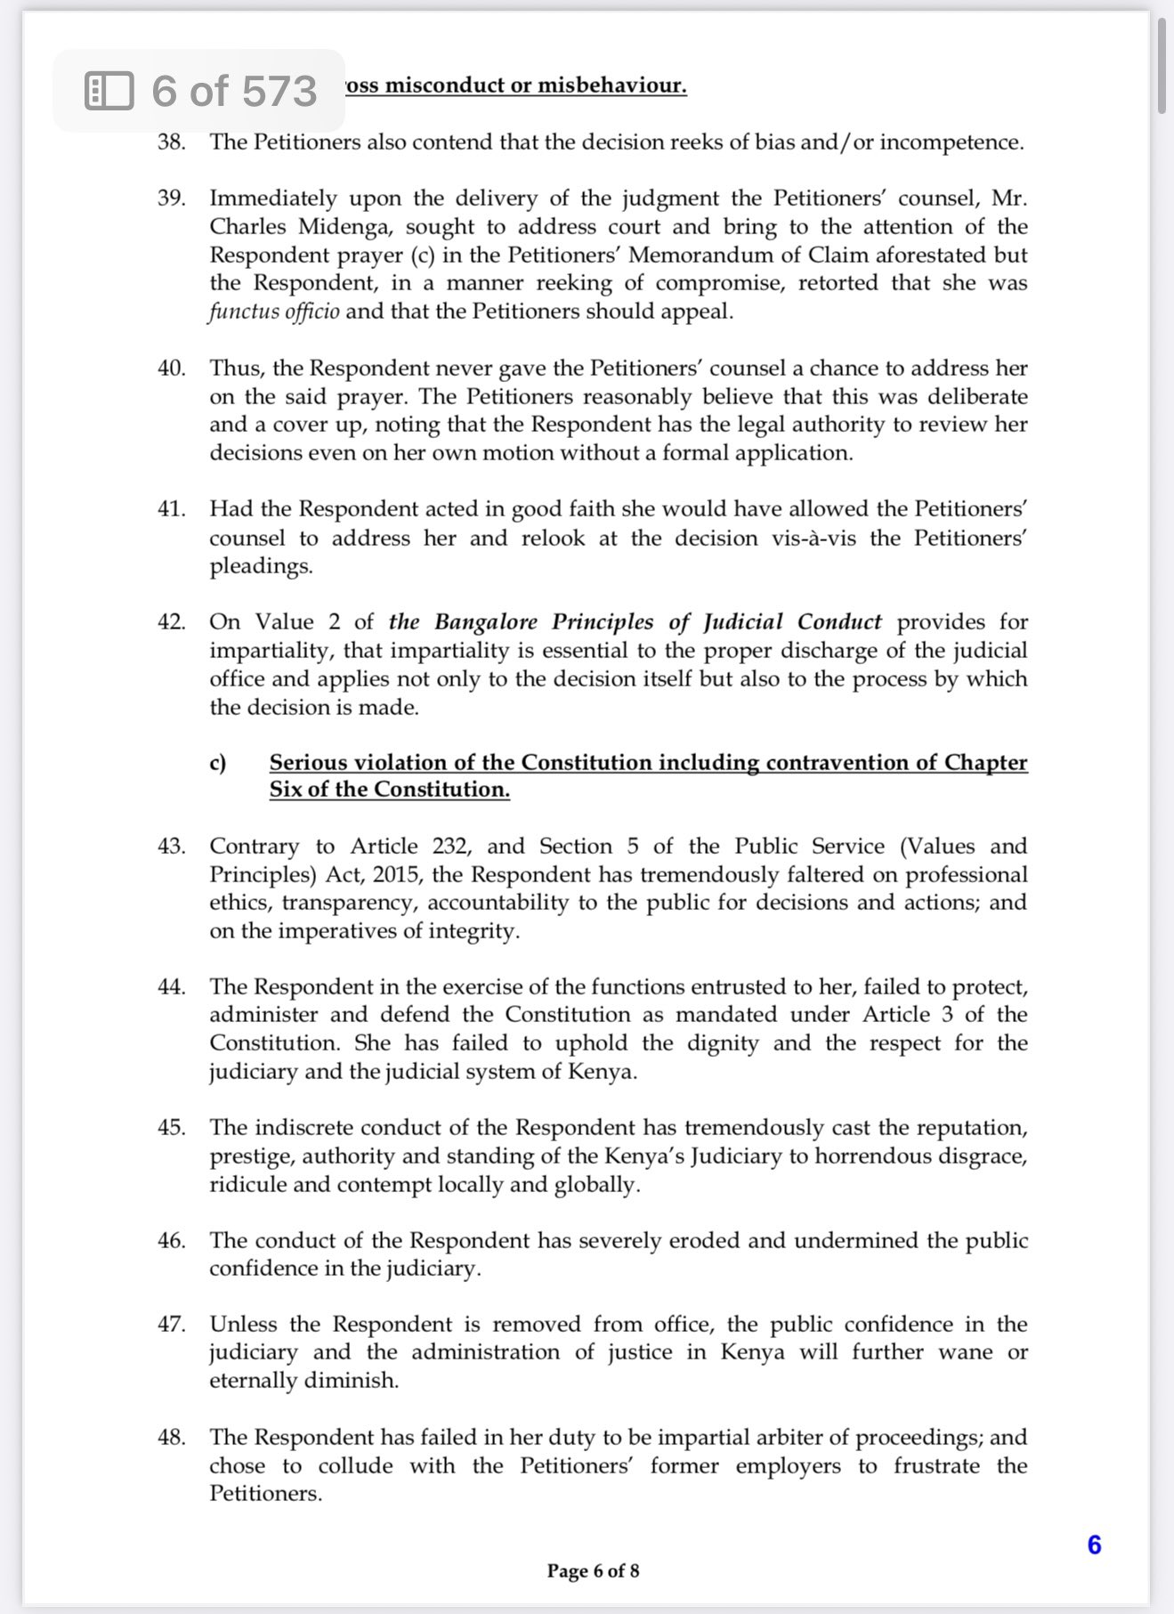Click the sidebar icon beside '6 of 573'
[109, 91]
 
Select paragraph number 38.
[171, 142]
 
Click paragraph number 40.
[171, 369]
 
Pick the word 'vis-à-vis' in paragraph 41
[813, 538]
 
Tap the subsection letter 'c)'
[217, 763]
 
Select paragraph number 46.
[171, 1240]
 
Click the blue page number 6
[1094, 1545]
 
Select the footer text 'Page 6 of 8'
[593, 1570]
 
